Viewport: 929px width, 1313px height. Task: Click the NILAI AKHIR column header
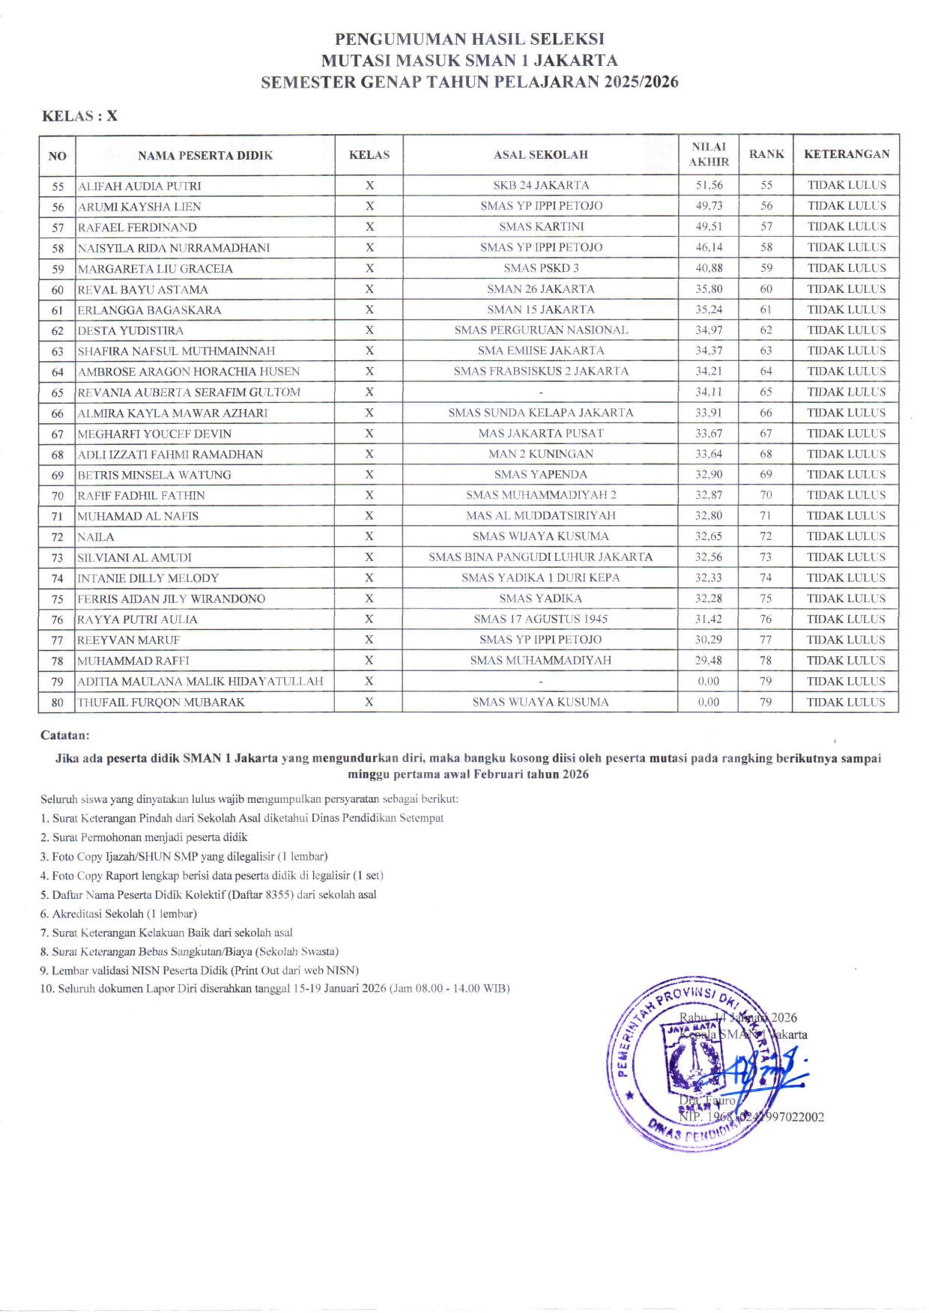coord(708,154)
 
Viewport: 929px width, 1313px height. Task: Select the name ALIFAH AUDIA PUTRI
coord(139,186)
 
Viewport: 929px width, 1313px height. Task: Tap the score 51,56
coord(709,185)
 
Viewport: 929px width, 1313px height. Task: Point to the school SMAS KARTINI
coord(541,226)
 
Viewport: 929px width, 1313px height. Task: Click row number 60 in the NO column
coord(58,290)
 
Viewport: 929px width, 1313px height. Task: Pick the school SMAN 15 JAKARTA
coord(541,309)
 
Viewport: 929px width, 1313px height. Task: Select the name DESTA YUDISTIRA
coord(130,330)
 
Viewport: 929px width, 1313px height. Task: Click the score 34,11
coord(709,392)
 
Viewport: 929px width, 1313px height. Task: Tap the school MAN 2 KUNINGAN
coord(541,454)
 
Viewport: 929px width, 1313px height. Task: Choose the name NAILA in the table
coord(96,537)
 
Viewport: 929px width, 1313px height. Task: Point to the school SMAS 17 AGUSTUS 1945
coord(541,619)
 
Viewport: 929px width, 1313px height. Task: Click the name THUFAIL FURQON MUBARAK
coord(161,703)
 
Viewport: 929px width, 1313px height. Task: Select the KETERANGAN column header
coord(847,154)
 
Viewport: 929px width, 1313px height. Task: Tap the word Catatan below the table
coord(65,736)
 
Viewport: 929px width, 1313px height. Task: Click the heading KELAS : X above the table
coord(79,116)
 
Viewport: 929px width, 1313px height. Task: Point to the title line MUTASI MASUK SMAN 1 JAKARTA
coord(470,61)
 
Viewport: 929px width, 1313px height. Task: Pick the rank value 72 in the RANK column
coord(766,536)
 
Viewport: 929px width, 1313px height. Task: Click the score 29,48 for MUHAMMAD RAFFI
coord(709,661)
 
